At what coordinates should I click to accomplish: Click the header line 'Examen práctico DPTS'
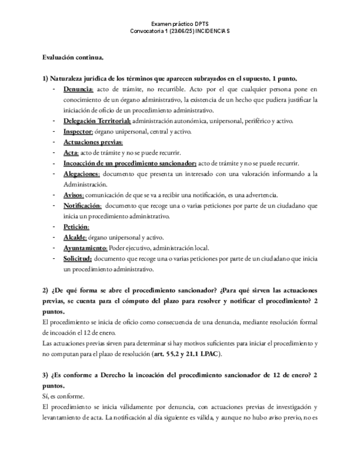180,24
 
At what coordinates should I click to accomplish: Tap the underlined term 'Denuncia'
79,90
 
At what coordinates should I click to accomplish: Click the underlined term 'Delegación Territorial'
97,121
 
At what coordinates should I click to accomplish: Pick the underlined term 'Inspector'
77,131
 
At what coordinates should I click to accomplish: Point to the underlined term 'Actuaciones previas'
93,142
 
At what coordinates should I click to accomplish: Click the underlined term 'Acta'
71,152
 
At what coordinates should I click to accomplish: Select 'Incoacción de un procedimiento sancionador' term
130,163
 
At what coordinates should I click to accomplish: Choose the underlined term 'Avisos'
74,195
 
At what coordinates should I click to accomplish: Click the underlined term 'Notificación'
82,206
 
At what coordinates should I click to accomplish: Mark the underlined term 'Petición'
76,226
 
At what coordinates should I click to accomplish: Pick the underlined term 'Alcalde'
75,237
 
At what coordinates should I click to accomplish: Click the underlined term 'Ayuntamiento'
85,248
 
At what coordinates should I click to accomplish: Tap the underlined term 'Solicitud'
77,258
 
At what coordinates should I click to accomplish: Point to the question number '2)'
46,290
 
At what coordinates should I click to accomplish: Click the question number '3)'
46,375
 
